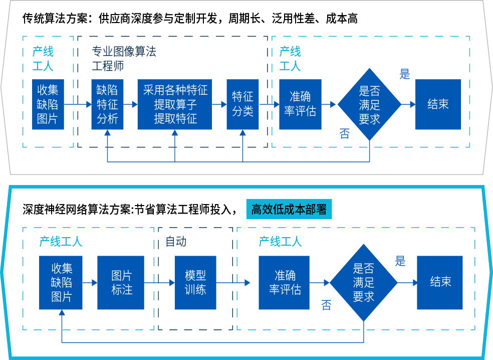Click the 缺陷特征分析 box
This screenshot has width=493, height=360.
[x=107, y=104]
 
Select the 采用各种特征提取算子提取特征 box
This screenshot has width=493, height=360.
[x=174, y=104]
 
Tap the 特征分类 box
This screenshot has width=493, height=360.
[x=242, y=104]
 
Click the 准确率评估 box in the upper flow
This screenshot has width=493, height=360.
[x=300, y=104]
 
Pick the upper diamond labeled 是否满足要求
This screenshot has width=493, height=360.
[x=369, y=104]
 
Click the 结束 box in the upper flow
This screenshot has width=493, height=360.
[x=438, y=104]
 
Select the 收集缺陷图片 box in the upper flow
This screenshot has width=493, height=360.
[x=48, y=104]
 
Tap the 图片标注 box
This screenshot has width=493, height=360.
[x=121, y=283]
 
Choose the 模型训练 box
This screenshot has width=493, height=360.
[x=195, y=283]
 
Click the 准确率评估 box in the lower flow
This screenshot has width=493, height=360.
[x=284, y=283]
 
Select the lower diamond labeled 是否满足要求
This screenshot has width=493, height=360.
[x=363, y=283]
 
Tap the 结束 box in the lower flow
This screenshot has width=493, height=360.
[x=440, y=283]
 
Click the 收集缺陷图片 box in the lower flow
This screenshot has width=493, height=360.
[x=61, y=283]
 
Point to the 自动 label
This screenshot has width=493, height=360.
[x=175, y=242]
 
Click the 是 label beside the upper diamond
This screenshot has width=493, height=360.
[x=404, y=74]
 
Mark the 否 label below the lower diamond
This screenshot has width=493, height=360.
[x=326, y=305]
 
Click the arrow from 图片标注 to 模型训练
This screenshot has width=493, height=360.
[x=159, y=283]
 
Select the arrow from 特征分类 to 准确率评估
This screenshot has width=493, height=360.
[x=269, y=104]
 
